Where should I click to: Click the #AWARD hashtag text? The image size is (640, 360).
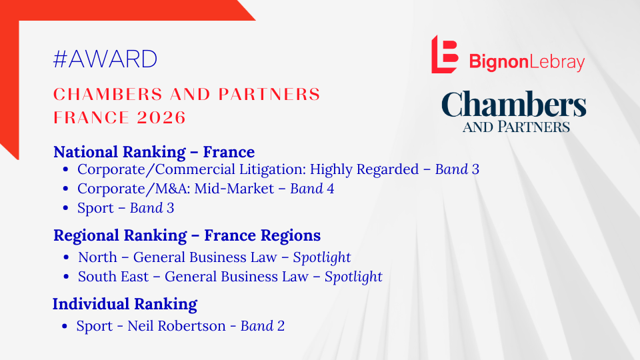coord(105,59)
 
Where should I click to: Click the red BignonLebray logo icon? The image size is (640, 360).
coord(445,54)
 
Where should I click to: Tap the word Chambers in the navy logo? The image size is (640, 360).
coord(513,105)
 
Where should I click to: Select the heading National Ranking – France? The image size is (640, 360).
coord(154,152)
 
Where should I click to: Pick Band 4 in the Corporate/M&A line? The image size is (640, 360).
coord(312,189)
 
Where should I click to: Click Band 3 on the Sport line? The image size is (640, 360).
coord(152,208)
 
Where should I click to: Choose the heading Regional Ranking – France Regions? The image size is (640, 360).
coord(187,235)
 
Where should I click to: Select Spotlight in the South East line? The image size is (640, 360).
coord(353,276)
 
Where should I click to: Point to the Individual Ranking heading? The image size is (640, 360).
coord(125,305)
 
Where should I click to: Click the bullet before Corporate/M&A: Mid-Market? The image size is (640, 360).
coord(65,189)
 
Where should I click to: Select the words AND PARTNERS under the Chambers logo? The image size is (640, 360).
coord(516,126)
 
